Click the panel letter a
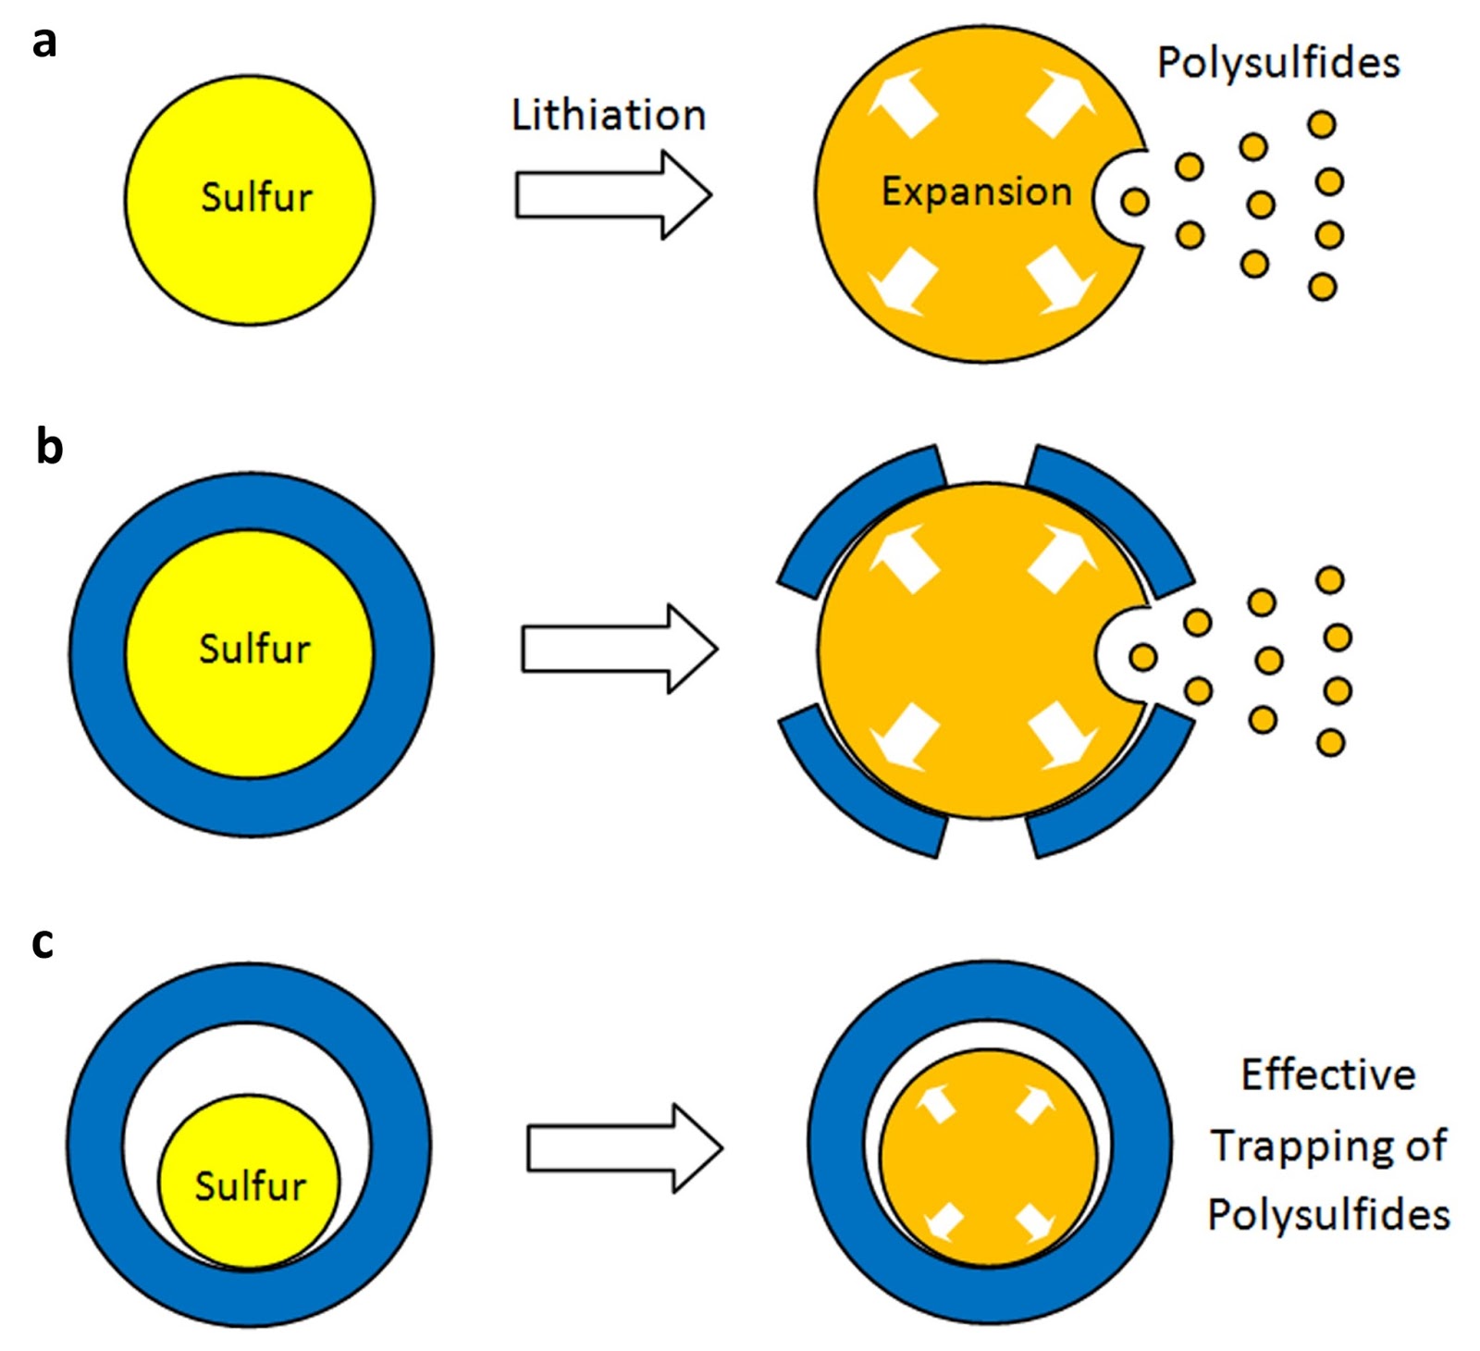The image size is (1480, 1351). pos(43,42)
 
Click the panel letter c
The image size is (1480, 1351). pos(43,942)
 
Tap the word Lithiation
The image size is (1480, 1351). pos(609,115)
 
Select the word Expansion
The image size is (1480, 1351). pos(976,192)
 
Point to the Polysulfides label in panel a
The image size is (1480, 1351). pos(1278,63)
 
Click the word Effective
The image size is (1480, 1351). pos(1327,1075)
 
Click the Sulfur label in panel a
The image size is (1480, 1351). pos(256,197)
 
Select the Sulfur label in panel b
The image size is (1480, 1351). pos(254,648)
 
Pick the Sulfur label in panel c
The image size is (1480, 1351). pos(250,1185)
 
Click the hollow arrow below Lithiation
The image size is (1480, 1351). pos(614,195)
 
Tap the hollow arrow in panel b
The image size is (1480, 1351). pos(620,648)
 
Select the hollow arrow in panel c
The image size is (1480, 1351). pos(625,1147)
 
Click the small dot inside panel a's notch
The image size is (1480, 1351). pos(1135,201)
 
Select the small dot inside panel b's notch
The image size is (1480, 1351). pos(1143,657)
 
